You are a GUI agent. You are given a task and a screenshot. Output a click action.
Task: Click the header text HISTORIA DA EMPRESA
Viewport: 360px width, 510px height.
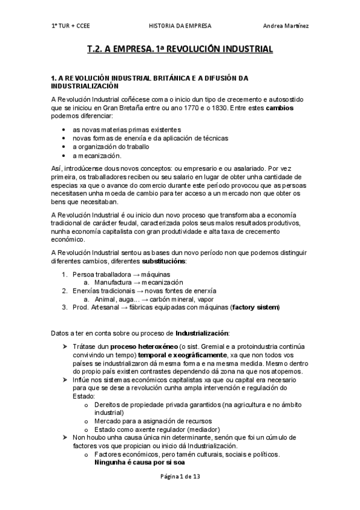(x=178, y=25)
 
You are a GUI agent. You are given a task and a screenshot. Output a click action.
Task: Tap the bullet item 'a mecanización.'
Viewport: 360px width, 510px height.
(x=96, y=155)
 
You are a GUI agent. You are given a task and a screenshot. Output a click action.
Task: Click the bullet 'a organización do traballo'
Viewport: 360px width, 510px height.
(x=111, y=147)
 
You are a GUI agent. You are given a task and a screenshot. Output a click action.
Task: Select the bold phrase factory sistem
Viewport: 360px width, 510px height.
(x=255, y=307)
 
